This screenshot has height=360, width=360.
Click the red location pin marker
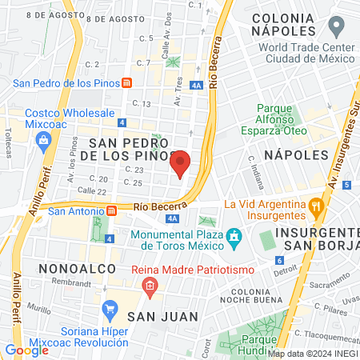[181, 164]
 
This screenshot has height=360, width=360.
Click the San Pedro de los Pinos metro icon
[126, 82]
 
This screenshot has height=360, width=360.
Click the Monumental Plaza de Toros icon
[234, 238]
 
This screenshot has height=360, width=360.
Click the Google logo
[26, 350]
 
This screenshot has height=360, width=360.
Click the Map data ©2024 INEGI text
[312, 354]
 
